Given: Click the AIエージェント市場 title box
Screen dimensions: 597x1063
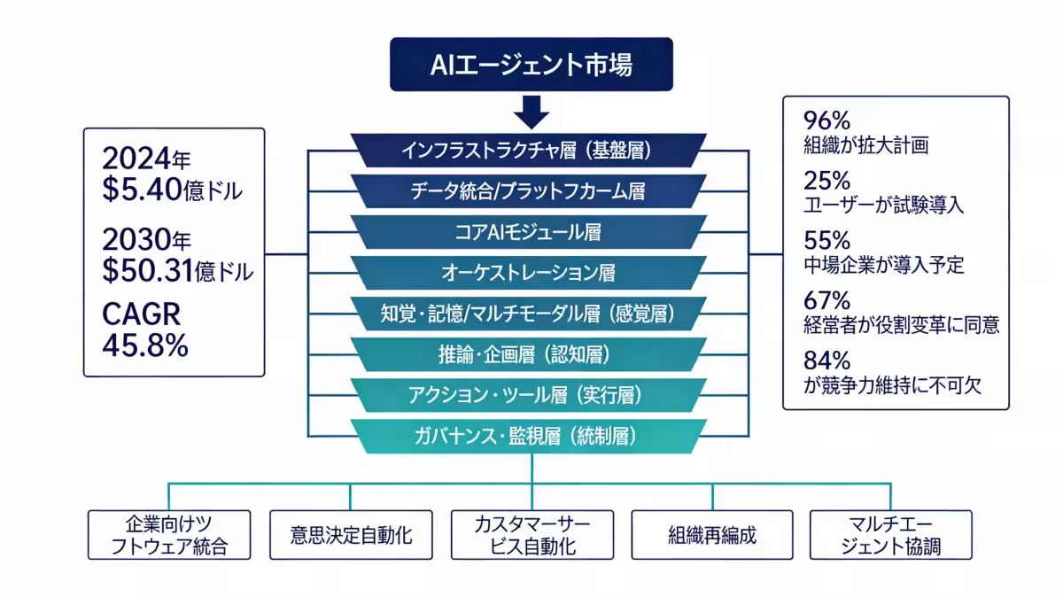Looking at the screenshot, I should point(531,65).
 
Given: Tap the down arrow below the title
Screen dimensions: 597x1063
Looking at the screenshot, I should point(531,112).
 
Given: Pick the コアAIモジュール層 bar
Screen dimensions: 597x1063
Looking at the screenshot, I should point(528,232).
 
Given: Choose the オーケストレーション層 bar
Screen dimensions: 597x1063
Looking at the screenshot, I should point(528,273).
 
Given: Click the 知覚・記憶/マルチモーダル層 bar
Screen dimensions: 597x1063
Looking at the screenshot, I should point(528,314).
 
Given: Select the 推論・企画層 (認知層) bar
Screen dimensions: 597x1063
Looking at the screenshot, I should point(528,355).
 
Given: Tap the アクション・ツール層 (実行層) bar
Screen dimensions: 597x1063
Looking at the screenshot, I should point(528,395).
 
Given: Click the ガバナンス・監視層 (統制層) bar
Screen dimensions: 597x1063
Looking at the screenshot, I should point(528,436).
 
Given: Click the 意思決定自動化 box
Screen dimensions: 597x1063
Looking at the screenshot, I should point(351,535).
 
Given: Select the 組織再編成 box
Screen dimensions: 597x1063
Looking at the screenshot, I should point(712,535).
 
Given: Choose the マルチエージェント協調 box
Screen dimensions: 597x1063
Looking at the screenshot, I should point(890,535).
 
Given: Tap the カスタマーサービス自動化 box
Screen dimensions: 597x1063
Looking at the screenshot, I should point(532,535).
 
